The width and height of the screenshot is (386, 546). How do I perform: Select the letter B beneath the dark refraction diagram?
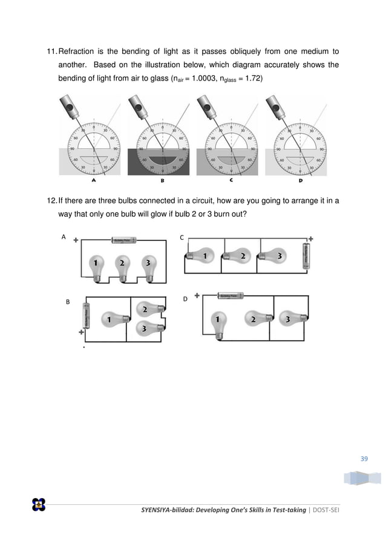click(162, 180)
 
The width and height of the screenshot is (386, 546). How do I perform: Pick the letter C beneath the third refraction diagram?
click(231, 180)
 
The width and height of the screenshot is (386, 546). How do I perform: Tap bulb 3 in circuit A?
click(146, 265)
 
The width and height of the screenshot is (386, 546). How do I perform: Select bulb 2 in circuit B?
click(147, 311)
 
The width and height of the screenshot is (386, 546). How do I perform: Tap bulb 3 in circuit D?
click(289, 318)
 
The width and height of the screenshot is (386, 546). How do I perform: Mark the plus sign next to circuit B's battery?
click(80, 332)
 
